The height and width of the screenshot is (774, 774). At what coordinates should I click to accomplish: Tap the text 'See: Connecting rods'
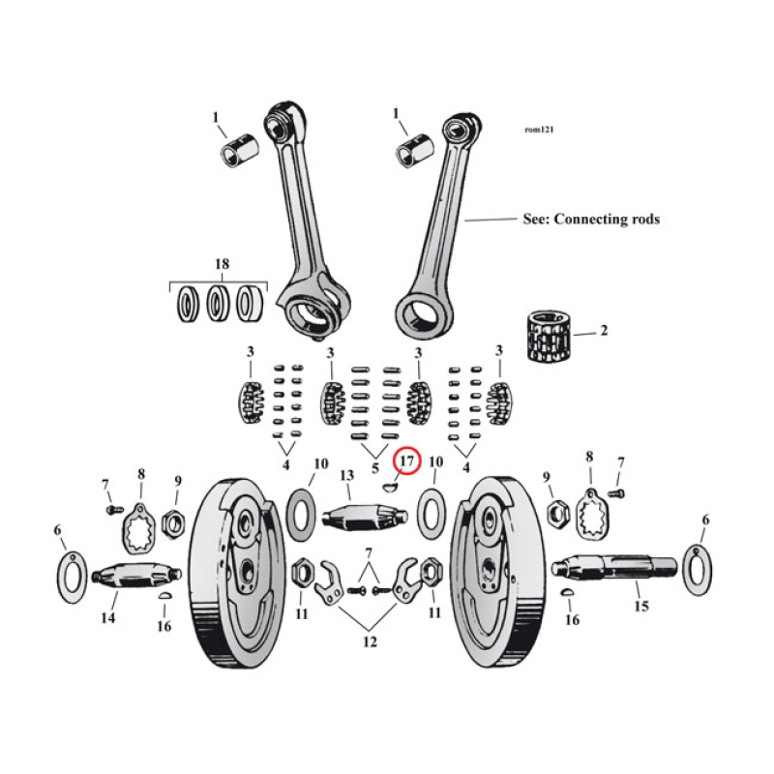pos(590,220)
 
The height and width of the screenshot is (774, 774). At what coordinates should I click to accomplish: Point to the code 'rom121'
pos(539,129)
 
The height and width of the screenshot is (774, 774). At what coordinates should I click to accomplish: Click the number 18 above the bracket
pos(222,263)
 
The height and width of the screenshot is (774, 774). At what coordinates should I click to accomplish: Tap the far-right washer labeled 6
pos(697,569)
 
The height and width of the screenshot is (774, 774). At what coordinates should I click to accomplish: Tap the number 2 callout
pos(603,331)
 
